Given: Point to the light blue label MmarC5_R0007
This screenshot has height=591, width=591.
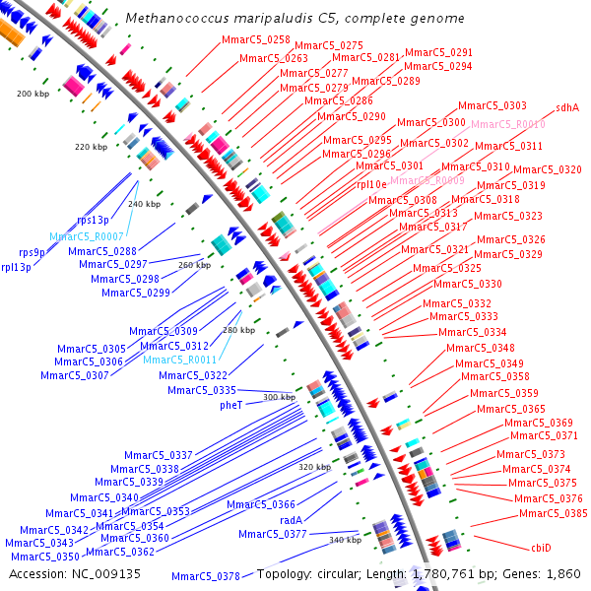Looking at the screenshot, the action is [87, 237].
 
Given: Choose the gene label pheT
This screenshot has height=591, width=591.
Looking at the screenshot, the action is [231, 405].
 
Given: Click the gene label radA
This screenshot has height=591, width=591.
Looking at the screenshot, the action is [291, 520].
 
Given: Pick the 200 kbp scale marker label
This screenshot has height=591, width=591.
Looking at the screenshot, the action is [33, 94].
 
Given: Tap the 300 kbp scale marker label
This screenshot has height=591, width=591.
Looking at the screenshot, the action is [280, 397].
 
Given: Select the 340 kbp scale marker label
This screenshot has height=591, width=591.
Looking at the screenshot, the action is [345, 540].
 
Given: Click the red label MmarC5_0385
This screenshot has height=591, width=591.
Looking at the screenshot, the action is [554, 513].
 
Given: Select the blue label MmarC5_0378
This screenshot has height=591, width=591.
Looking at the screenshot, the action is [205, 576].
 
